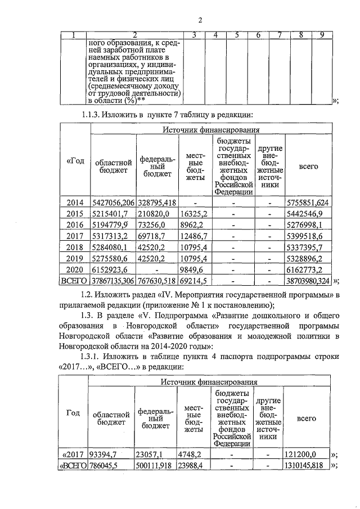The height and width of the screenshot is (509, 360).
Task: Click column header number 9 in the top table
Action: pyautogui.click(x=322, y=35)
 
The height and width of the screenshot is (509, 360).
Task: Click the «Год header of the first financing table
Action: pyautogui.click(x=75, y=161)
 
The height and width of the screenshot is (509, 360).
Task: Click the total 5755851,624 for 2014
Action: pyautogui.click(x=308, y=202)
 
